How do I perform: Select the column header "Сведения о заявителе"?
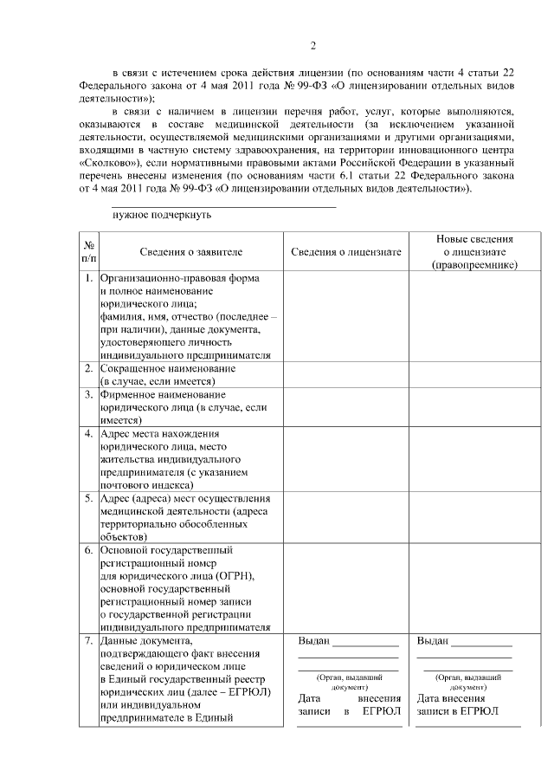pos(190,251)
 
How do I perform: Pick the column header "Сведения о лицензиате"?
pos(345,251)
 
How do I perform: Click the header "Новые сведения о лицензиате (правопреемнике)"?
pos(473,251)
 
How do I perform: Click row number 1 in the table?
pos(89,278)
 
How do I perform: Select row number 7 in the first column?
pos(89,641)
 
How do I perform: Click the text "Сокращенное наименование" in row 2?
pos(168,368)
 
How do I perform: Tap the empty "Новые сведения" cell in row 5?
pos(473,517)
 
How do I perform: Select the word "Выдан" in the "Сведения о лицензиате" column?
pos(313,641)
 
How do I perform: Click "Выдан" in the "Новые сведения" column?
pos(433,641)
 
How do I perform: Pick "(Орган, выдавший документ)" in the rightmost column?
pos(473,682)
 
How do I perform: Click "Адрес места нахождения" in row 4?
pos(160,433)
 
